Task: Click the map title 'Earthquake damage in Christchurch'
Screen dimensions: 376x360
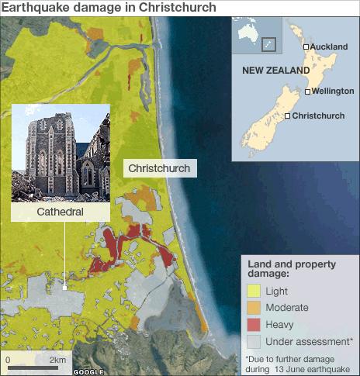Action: point(109,8)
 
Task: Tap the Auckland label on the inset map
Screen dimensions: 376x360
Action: point(329,47)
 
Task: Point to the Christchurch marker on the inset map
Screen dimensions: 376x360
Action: point(288,116)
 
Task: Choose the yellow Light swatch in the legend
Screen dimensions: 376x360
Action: point(252,291)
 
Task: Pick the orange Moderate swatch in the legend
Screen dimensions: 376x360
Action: point(252,308)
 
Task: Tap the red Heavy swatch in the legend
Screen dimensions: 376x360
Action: point(252,324)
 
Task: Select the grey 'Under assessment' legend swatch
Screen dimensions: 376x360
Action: point(252,341)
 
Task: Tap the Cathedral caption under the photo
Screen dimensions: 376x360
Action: point(60,211)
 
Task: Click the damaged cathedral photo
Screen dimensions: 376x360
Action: point(60,152)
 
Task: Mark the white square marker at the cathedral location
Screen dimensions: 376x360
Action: point(65,287)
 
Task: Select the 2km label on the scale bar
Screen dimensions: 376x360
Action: point(57,360)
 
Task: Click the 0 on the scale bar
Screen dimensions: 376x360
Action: point(8,360)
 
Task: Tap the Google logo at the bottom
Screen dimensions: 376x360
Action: point(88,371)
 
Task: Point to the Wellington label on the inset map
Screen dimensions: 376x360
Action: point(333,91)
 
